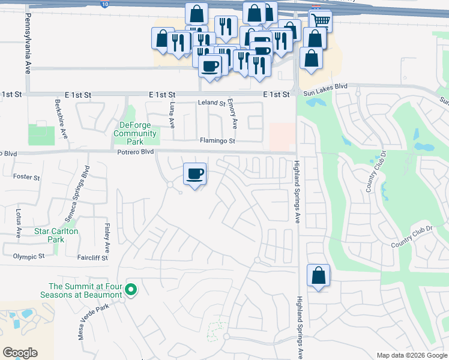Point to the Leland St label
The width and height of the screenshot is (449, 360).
pos(211,103)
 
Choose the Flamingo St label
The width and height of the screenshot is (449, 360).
pos(217,142)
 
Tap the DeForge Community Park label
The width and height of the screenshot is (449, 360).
pos(135,133)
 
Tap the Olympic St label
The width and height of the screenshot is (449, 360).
pos(29,256)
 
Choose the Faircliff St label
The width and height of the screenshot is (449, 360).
pos(92,257)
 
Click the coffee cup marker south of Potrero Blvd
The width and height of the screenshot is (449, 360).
pos(194,174)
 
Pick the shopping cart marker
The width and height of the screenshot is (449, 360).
pos(321,20)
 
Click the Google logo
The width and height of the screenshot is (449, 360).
pos(20,353)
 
